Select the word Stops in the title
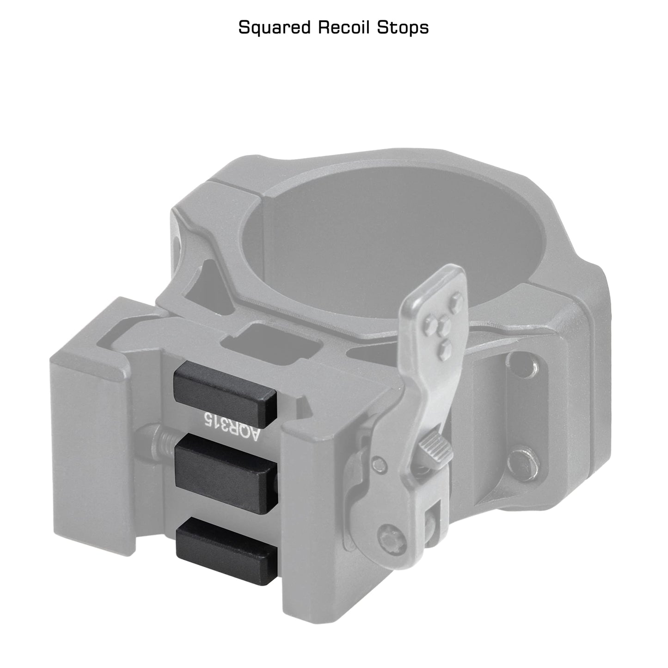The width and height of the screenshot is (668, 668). pyautogui.click(x=403, y=28)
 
